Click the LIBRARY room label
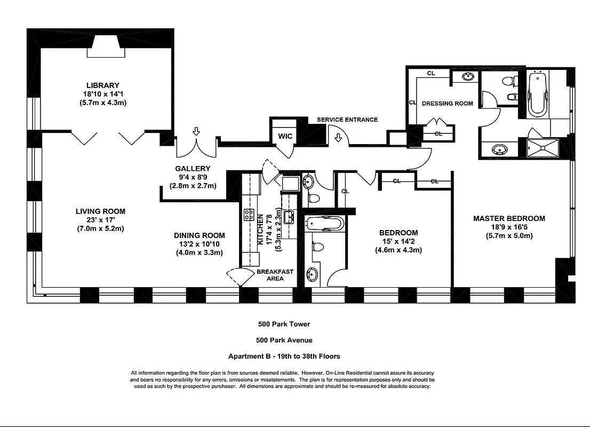click(103, 85)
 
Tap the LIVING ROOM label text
click(100, 211)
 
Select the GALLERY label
click(193, 169)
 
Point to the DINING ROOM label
click(199, 235)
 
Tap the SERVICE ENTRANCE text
click(347, 120)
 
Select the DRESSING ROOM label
click(447, 104)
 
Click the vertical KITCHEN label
click(260, 229)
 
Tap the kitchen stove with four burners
click(249, 215)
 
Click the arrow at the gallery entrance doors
click(196, 132)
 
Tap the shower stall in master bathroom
click(543, 148)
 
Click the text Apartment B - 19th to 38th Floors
click(284, 356)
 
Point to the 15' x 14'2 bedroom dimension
click(398, 241)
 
